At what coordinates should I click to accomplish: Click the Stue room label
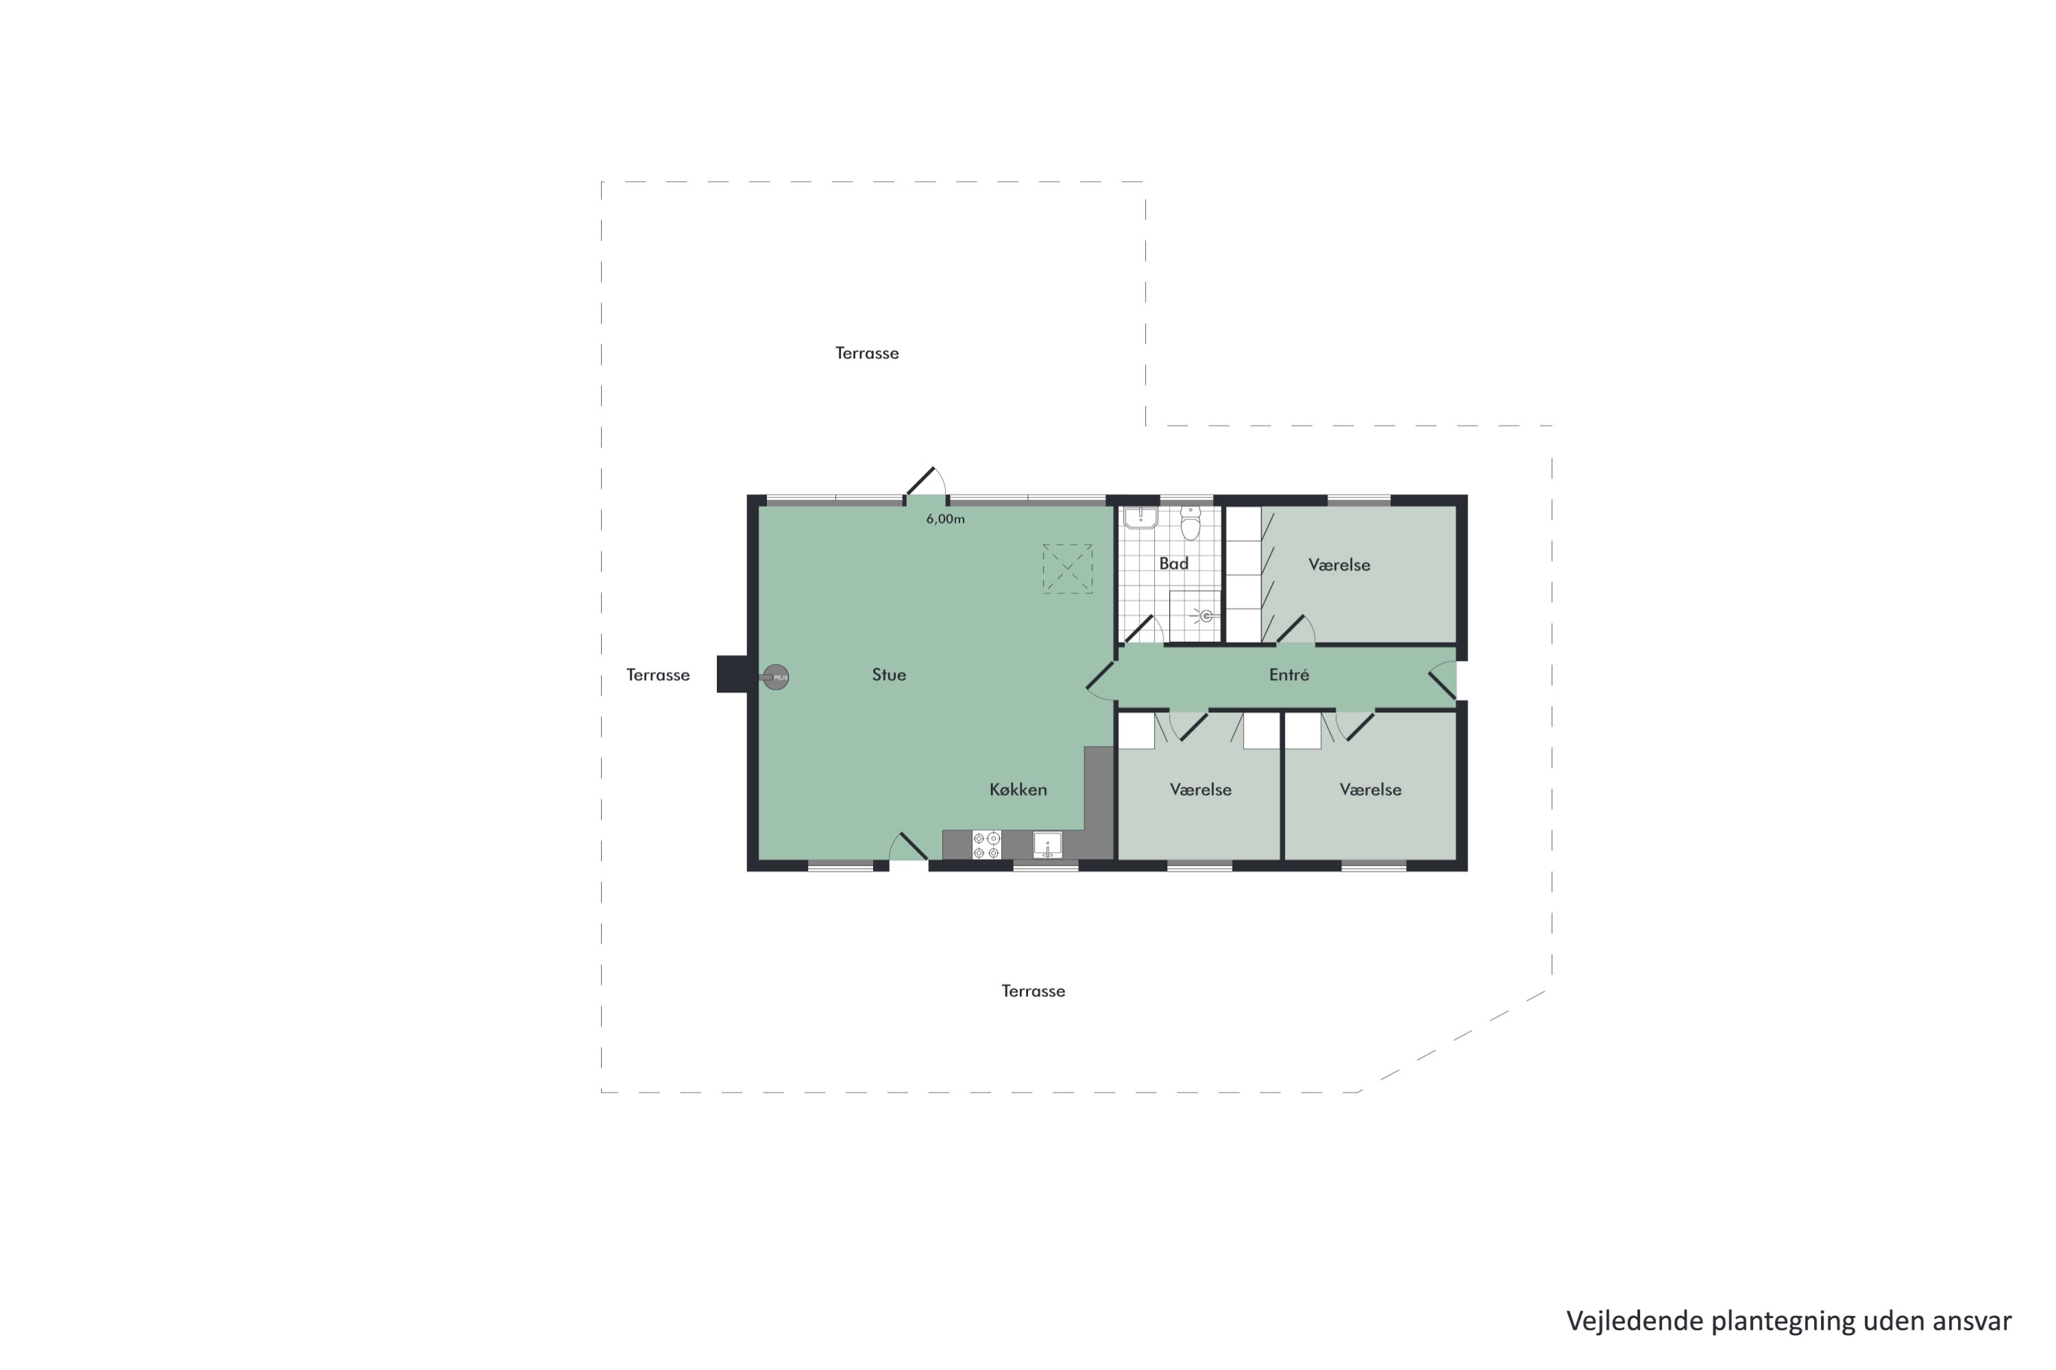(x=888, y=675)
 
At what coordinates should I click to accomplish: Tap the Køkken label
(x=1018, y=790)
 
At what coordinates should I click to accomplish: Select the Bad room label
(x=1173, y=564)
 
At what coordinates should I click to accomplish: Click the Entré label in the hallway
(x=1288, y=675)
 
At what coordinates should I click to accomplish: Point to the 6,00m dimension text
(x=945, y=519)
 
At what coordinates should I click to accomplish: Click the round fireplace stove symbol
(x=775, y=677)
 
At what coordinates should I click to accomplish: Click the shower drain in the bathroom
(x=1206, y=616)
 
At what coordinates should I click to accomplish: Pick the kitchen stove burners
(x=986, y=845)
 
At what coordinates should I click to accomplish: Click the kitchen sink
(x=1047, y=844)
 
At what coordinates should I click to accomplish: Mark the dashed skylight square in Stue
(x=1067, y=569)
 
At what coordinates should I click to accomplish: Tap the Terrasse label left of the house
(x=657, y=675)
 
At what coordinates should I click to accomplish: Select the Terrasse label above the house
(x=866, y=353)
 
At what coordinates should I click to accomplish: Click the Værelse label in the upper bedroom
(x=1338, y=565)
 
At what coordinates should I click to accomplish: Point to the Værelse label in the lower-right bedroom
(x=1370, y=790)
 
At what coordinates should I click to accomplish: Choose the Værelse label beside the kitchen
(x=1200, y=790)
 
